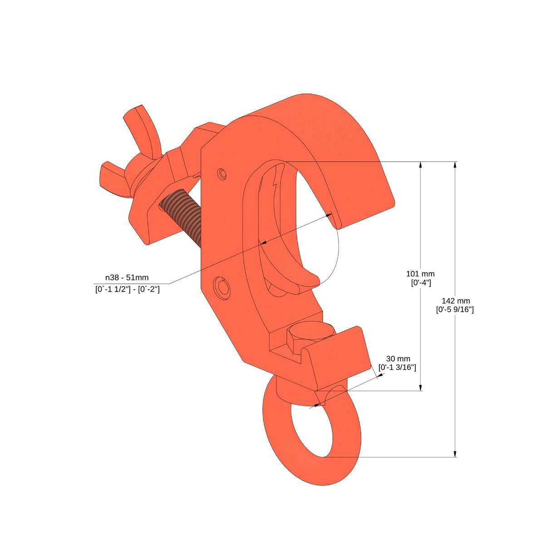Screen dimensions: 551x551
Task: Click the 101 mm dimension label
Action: click(420, 274)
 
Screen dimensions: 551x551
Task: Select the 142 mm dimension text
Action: click(455, 301)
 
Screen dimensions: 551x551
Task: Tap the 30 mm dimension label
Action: click(398, 359)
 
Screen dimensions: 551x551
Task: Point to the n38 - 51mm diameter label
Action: click(127, 278)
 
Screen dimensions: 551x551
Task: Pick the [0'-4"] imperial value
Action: click(420, 282)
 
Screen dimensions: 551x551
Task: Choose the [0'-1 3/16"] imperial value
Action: click(397, 368)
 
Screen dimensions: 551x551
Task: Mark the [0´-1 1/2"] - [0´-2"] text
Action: click(127, 289)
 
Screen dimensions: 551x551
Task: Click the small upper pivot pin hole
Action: click(221, 173)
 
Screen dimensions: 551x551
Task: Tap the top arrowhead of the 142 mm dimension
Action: click(455, 165)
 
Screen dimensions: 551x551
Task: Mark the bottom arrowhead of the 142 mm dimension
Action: click(455, 453)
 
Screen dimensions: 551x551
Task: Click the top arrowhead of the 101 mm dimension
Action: click(421, 165)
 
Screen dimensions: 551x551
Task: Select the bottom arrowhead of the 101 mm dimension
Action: click(421, 387)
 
